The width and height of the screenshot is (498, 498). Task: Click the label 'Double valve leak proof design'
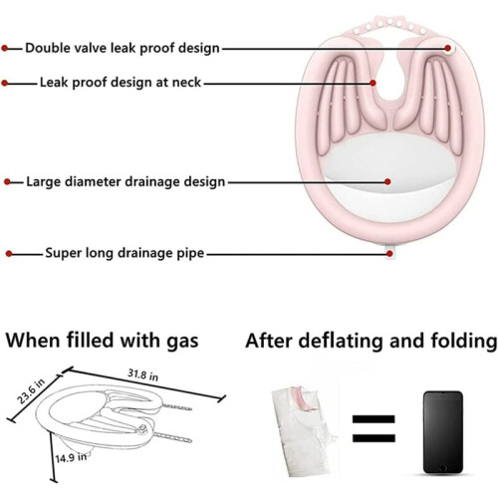pos(123,48)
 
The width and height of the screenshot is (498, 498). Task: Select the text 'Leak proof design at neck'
pos(121,83)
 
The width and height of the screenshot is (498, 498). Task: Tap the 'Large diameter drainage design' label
pos(125,182)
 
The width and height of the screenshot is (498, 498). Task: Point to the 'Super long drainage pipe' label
pos(124,253)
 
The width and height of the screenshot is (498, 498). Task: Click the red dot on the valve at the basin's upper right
pos(448,48)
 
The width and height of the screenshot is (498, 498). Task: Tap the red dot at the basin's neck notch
pos(373,83)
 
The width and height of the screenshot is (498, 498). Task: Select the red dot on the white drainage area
pos(387,181)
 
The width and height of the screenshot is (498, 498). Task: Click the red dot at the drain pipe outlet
pos(389,254)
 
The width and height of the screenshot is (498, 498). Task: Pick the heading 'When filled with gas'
pos(102,341)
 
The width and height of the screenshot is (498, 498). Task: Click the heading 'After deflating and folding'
pos(372,341)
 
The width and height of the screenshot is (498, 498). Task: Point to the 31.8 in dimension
pos(143,374)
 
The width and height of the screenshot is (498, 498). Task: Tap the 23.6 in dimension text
pos(31,391)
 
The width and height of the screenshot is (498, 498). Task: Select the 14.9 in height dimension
pos(71,458)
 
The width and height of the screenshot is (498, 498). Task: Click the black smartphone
pos(443,432)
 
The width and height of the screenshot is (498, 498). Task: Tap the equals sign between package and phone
pos(373,428)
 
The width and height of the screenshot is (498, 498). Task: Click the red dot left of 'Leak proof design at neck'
pos(4,83)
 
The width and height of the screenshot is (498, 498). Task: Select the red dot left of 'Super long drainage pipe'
pos(9,254)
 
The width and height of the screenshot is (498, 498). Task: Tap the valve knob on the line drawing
pos(143,428)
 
